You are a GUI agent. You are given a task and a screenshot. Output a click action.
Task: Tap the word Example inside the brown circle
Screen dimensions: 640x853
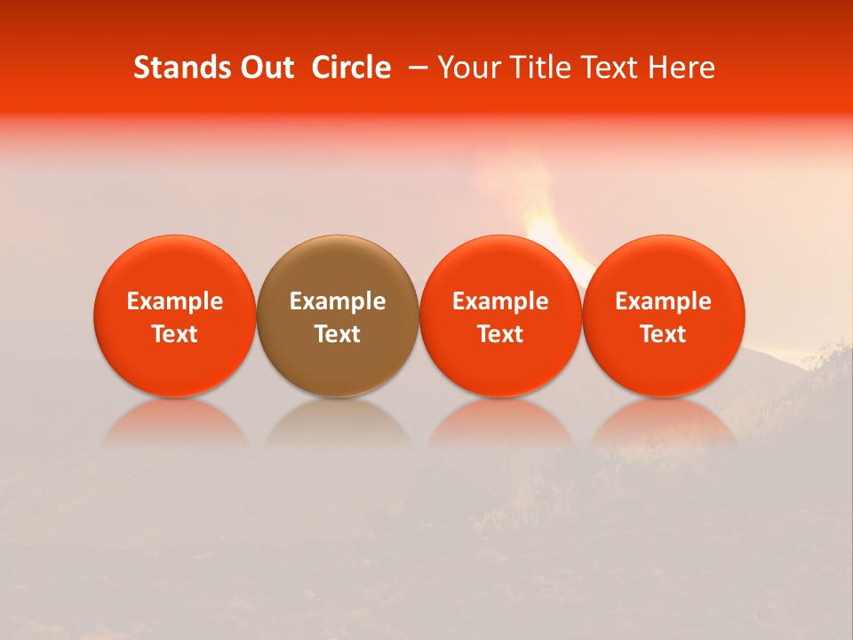coord(338,301)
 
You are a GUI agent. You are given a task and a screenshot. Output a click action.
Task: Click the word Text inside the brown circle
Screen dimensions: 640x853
coord(338,334)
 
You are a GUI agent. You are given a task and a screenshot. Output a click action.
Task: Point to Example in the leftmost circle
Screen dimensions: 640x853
coord(175,301)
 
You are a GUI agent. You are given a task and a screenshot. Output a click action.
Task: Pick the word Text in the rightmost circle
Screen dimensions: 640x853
coord(664,334)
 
